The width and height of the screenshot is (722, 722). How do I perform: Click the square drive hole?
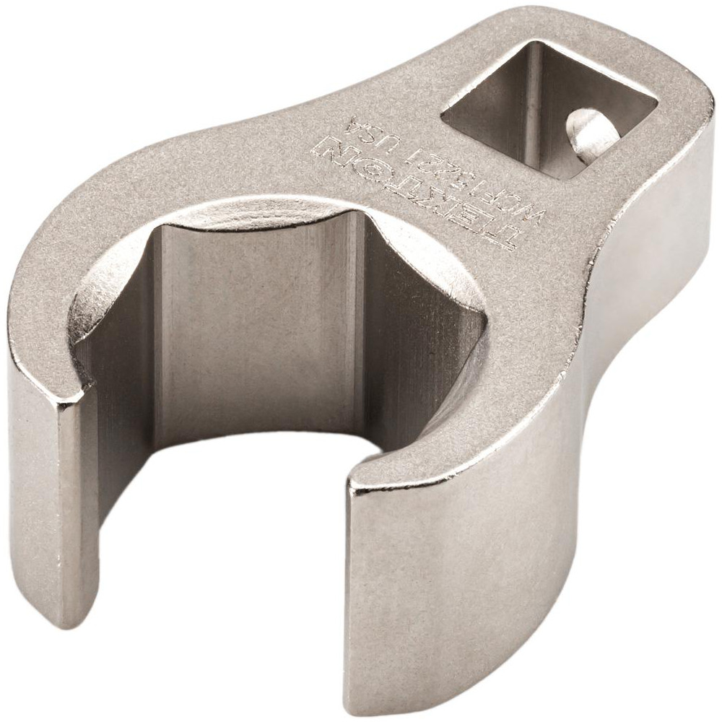click(549, 108)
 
